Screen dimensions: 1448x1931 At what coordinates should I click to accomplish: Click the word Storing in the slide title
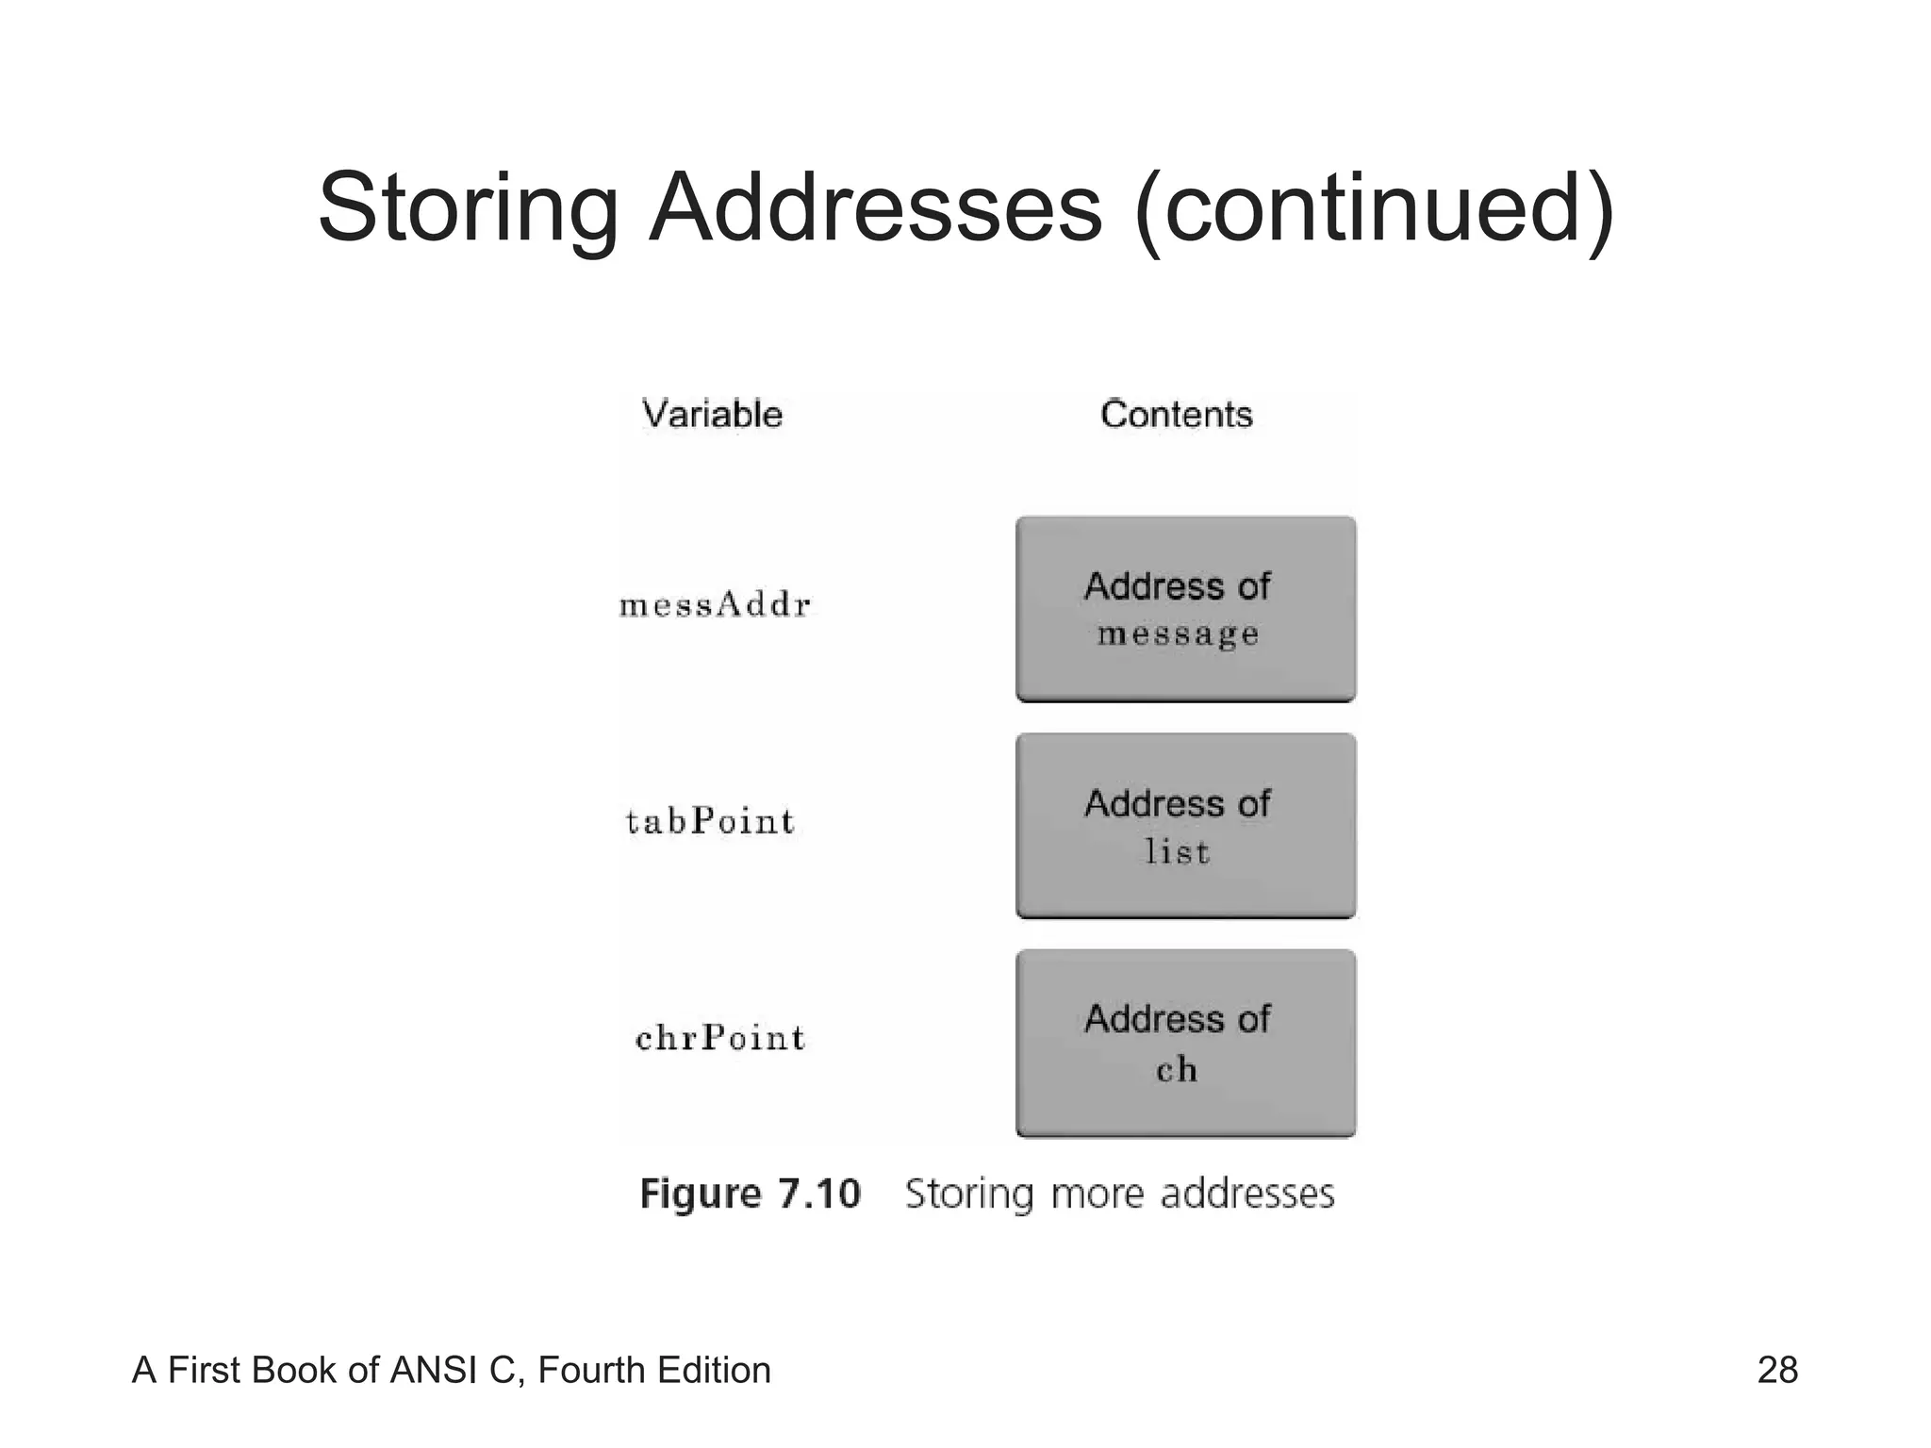468,209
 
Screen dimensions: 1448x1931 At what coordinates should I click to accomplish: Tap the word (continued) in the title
1375,209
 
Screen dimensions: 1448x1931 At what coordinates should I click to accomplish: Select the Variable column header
712,415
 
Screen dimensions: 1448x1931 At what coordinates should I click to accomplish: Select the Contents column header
1176,415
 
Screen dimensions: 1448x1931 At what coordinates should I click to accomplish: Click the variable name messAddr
715,604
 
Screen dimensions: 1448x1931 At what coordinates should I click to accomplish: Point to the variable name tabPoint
710,821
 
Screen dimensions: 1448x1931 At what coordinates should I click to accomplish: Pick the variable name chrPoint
719,1038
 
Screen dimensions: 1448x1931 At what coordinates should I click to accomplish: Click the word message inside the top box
1178,634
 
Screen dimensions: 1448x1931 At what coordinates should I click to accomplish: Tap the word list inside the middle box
1177,851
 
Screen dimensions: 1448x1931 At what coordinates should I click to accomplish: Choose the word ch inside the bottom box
1177,1069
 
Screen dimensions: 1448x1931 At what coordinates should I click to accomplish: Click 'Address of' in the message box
1177,586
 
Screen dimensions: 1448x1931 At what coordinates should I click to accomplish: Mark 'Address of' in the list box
1177,803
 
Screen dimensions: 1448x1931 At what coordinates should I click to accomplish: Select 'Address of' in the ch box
1177,1019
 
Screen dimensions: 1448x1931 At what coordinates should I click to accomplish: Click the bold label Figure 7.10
750,1193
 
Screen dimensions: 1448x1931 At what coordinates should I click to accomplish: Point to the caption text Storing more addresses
1119,1193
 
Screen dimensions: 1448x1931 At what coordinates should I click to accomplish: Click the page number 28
1776,1370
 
